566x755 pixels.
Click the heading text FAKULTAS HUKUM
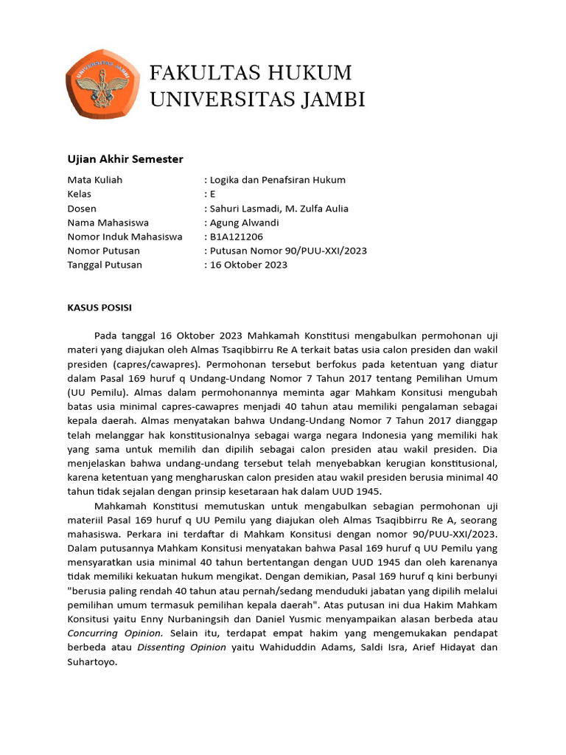tap(251, 73)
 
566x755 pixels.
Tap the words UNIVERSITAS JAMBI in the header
tap(257, 99)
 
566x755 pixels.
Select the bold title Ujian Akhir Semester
tap(125, 159)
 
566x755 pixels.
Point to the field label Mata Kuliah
tap(95, 180)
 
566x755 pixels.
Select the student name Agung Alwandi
tap(246, 223)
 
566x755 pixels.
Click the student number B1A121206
tap(236, 237)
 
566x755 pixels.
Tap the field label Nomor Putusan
tap(104, 251)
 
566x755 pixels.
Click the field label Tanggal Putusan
tap(105, 265)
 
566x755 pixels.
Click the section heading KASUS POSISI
tap(99, 307)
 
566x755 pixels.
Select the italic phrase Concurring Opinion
tap(115, 633)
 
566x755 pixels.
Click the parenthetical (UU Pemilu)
tap(94, 392)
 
